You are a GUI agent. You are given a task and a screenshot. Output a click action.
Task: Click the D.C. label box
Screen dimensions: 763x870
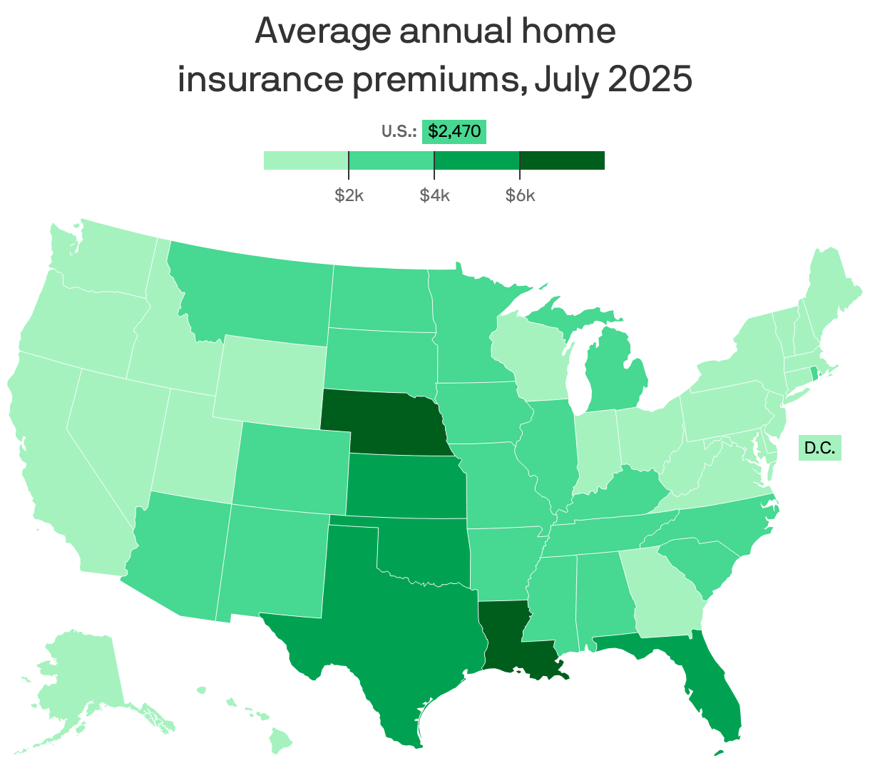[x=819, y=448]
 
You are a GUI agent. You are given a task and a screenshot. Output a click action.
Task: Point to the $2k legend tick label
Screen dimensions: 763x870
[x=349, y=195]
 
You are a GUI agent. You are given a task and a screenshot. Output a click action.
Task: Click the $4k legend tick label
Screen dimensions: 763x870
[x=434, y=195]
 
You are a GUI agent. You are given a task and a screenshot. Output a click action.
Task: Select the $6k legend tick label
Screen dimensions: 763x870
[x=520, y=195]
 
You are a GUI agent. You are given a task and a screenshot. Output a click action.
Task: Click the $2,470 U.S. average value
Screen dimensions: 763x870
[x=454, y=131]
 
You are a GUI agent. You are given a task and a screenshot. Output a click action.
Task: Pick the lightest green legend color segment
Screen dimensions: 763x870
[x=306, y=160]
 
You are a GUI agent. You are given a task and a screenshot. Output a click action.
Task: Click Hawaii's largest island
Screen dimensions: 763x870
[x=282, y=744]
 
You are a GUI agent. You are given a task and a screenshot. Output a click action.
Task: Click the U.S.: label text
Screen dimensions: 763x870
[x=399, y=131]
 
